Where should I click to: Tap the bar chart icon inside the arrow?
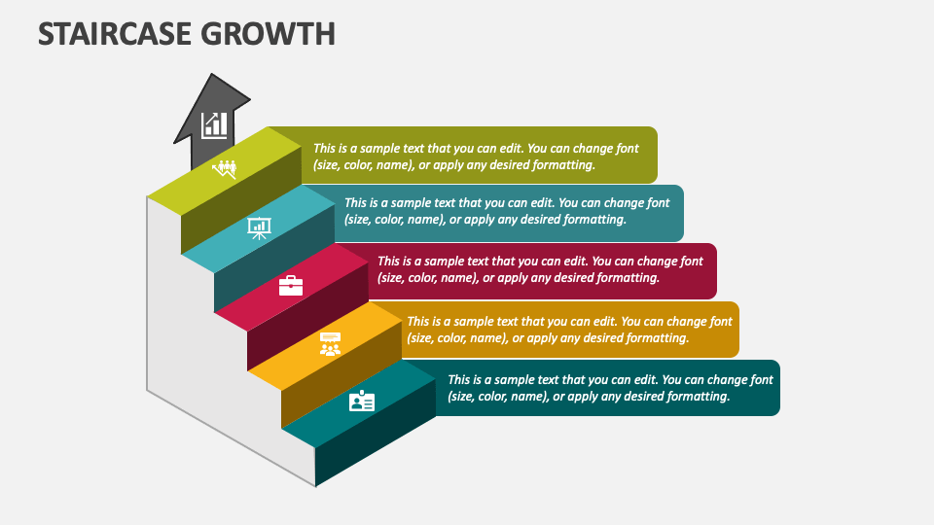tap(214, 124)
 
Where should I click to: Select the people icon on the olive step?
tap(225, 169)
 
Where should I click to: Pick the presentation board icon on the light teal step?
tap(259, 227)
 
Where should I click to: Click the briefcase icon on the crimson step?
tap(291, 285)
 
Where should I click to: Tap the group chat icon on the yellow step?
tap(331, 343)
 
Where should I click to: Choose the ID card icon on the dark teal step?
tap(362, 402)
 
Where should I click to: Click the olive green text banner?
tap(486, 155)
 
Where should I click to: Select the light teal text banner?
tap(516, 212)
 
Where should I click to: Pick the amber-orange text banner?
tap(574, 330)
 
